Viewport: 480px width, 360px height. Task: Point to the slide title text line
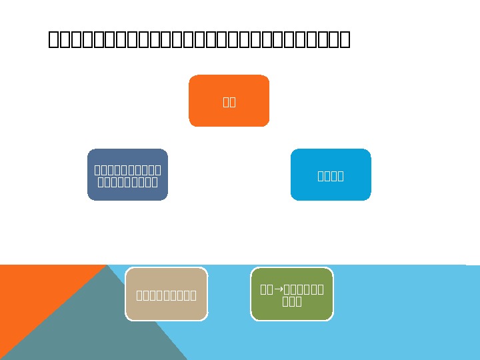pyautogui.click(x=199, y=40)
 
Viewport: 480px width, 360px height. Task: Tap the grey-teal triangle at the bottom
pyautogui.click(x=100, y=327)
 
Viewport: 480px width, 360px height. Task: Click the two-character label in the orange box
pyautogui.click(x=229, y=102)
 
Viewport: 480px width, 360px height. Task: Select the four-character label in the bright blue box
pyautogui.click(x=331, y=176)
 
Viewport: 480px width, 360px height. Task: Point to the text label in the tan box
pyautogui.click(x=166, y=295)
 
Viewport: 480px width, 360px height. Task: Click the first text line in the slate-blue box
pyautogui.click(x=127, y=170)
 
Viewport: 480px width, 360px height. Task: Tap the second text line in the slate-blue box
pyautogui.click(x=127, y=181)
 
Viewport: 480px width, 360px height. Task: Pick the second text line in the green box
pyautogui.click(x=292, y=301)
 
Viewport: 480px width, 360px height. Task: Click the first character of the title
pyautogui.click(x=54, y=40)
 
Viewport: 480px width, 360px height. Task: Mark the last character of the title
pyautogui.click(x=345, y=40)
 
